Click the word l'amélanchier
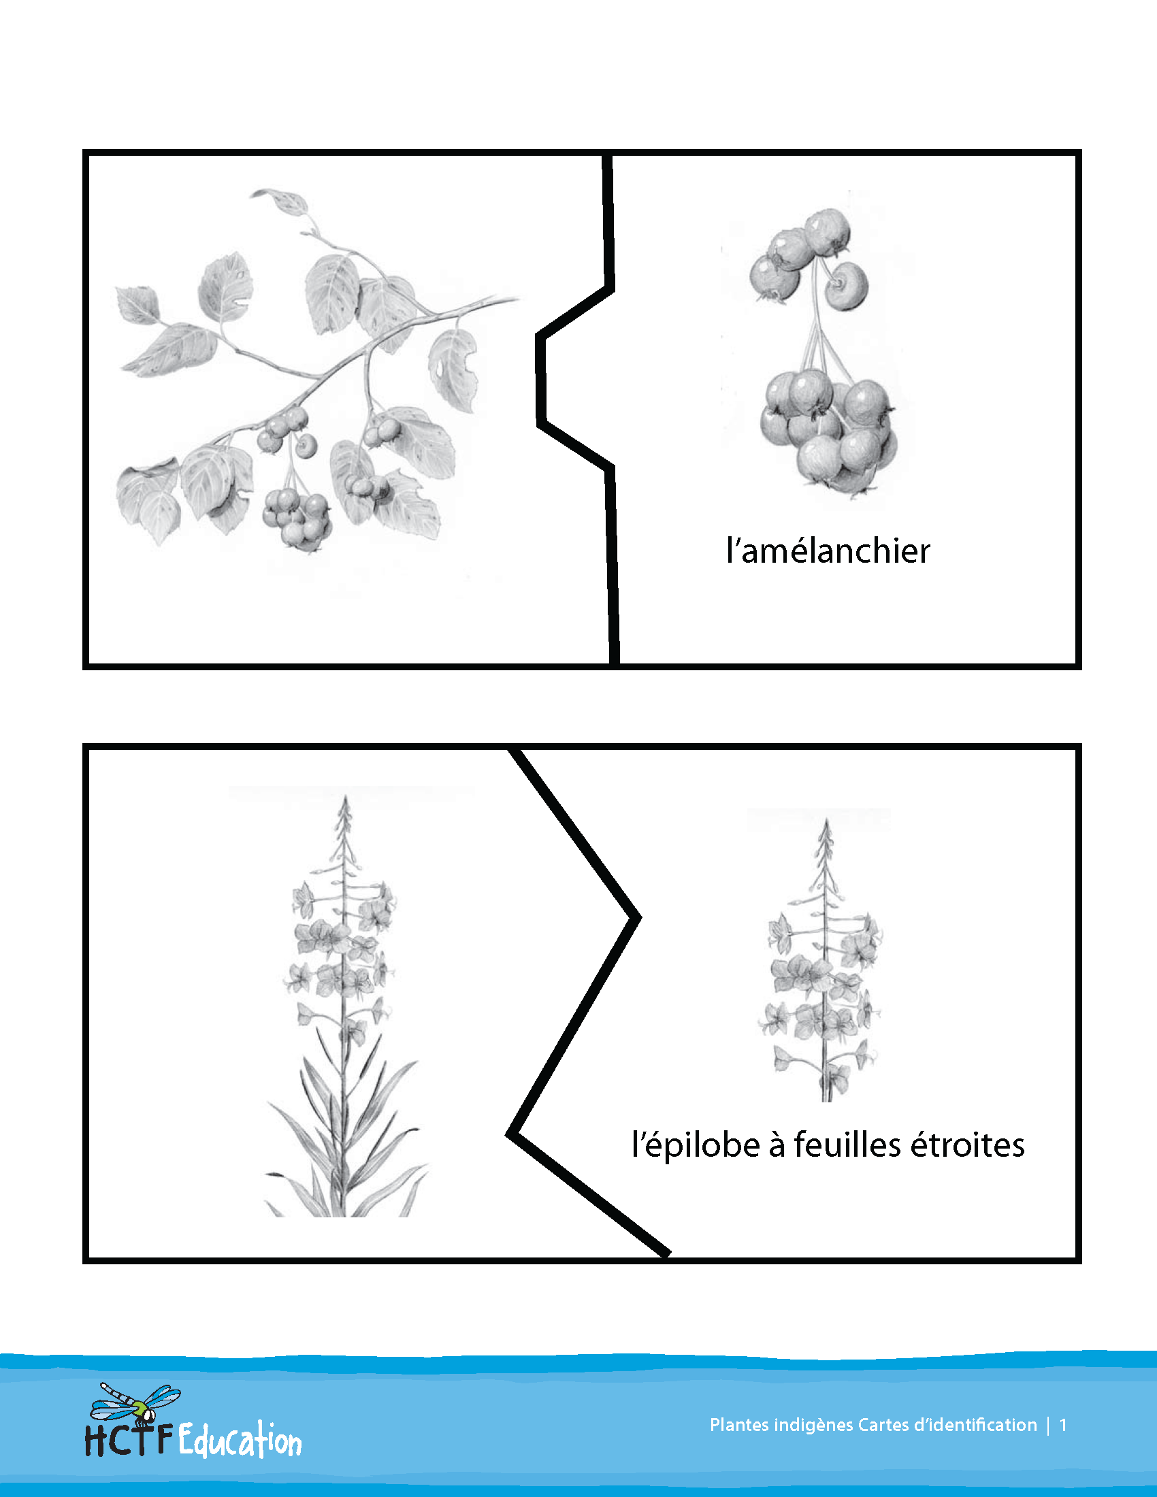pos(828,551)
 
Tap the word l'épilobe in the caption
pos(695,1145)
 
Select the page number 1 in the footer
pos(1063,1425)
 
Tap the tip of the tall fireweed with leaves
pos(346,797)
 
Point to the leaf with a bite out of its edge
pos(453,370)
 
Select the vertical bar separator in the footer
pos(1048,1426)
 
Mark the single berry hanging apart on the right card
pos(847,286)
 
